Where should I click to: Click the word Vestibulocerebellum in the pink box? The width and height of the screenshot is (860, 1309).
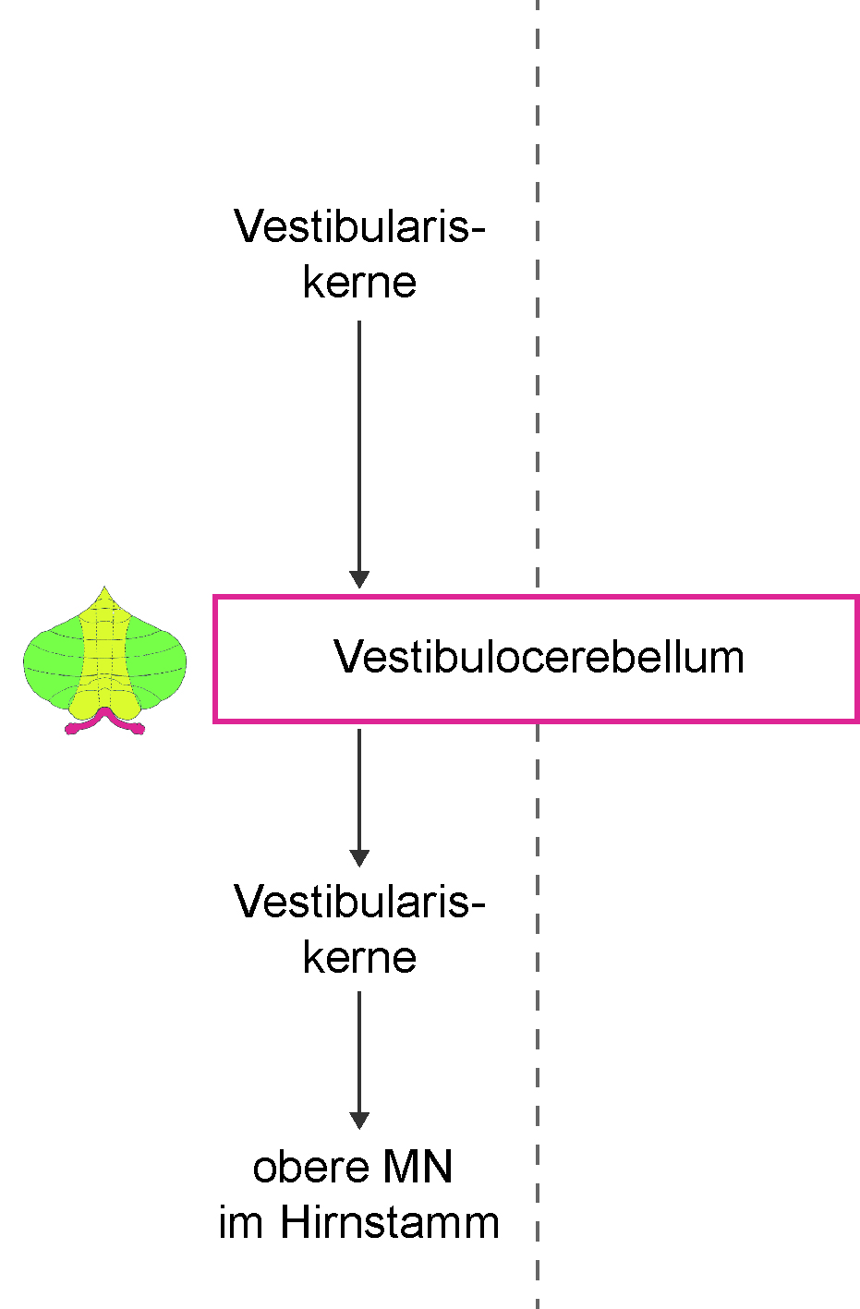point(539,658)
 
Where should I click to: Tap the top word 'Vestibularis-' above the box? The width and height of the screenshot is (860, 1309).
point(359,226)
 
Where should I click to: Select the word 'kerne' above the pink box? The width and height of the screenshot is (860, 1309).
point(359,283)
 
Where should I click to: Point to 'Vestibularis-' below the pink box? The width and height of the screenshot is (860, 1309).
point(359,901)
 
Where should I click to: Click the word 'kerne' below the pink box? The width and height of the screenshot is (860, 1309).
point(359,958)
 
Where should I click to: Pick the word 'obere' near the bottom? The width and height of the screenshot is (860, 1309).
point(310,1168)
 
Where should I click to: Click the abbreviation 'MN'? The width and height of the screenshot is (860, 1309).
point(418,1168)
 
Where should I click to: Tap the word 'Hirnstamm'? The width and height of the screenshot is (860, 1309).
point(390,1222)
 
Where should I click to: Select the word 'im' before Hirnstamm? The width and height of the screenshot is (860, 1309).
point(241,1222)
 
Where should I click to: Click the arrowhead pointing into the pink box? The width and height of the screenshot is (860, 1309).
point(359,579)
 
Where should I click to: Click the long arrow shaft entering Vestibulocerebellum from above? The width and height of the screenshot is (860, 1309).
point(359,446)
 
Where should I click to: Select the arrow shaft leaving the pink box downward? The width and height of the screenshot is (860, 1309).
point(359,790)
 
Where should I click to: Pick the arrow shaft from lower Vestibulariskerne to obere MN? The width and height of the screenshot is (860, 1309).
point(359,1052)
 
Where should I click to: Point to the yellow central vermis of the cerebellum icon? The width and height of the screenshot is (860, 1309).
point(105,654)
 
